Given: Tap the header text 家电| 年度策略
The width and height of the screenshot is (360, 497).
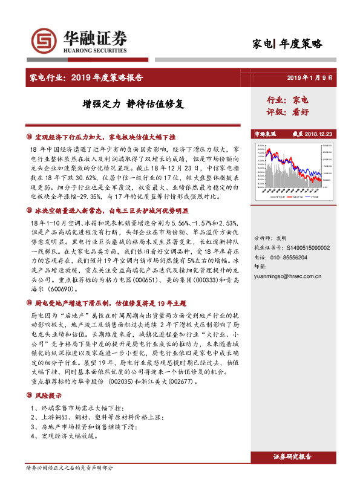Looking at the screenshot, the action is click(x=287, y=44).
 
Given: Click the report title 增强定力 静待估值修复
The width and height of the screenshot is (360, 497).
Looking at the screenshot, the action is click(x=133, y=103).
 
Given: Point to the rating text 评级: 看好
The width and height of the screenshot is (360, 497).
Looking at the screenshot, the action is click(x=287, y=112).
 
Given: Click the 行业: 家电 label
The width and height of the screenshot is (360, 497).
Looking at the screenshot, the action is click(x=287, y=99).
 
